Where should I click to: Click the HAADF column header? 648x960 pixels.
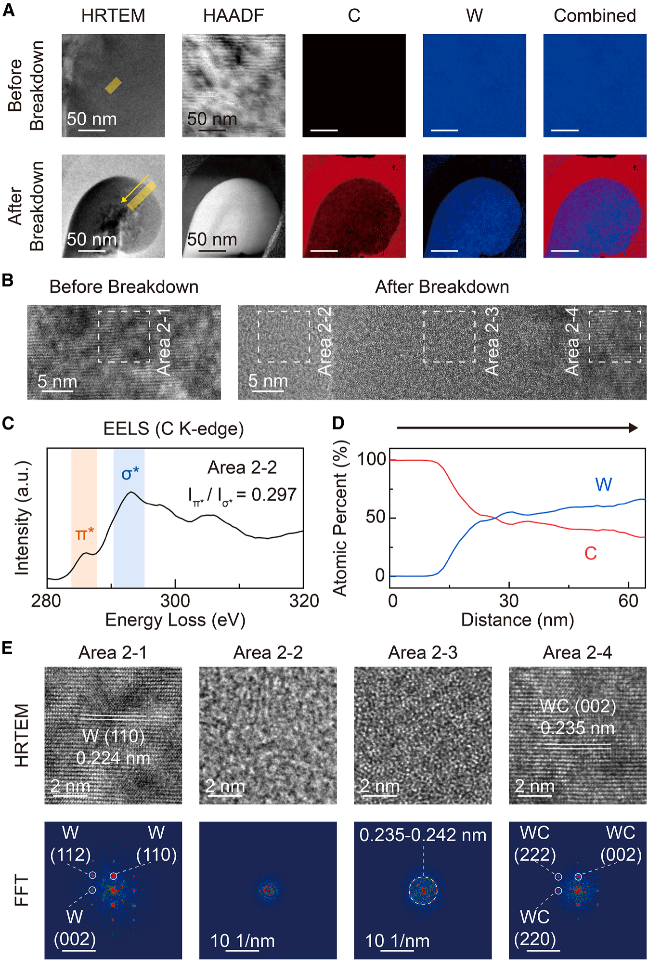233,16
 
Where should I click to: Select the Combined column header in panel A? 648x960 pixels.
595,16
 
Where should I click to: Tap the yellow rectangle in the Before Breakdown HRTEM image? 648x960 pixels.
113,86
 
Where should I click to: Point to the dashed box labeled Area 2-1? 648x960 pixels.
124,337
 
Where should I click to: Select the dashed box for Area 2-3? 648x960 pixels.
449,337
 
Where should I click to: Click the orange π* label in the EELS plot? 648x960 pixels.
85,534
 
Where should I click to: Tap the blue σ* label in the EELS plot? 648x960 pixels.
130,474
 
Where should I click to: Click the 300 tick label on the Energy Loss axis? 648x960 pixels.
175,601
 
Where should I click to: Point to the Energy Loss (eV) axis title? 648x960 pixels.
175,620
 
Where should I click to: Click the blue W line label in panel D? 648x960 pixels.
603,484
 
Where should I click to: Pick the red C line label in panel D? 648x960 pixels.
591,554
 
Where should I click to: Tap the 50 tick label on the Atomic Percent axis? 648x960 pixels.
376,518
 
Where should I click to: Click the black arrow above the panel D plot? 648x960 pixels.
517,428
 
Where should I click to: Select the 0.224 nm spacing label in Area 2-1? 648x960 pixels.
113,758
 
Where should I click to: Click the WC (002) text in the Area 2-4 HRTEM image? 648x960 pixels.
578,706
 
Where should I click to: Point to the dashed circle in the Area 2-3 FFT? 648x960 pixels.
423,891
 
